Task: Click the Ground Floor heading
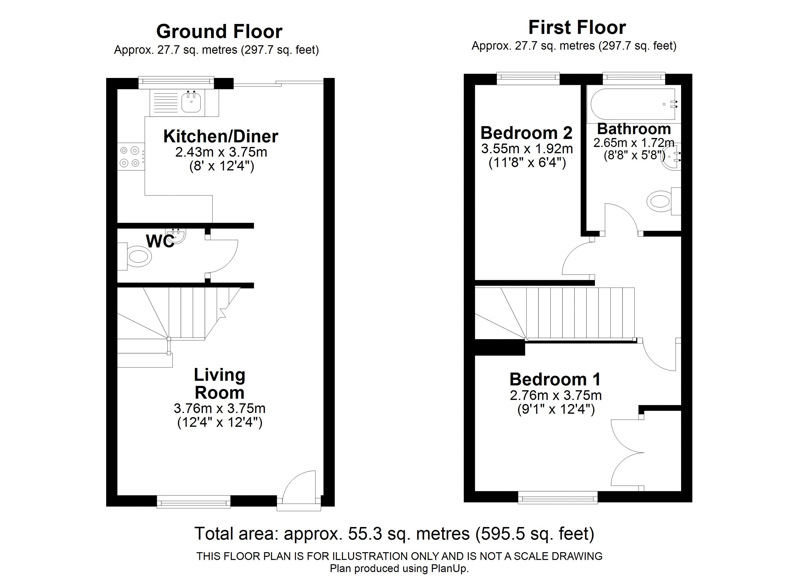tap(219, 32)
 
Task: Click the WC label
tap(160, 241)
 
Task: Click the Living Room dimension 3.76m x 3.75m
tap(219, 408)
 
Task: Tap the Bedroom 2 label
tap(526, 133)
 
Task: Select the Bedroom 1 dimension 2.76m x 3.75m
tap(556, 395)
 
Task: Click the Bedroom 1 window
tap(558, 497)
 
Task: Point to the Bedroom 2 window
tap(528, 78)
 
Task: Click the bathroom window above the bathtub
tap(634, 78)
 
